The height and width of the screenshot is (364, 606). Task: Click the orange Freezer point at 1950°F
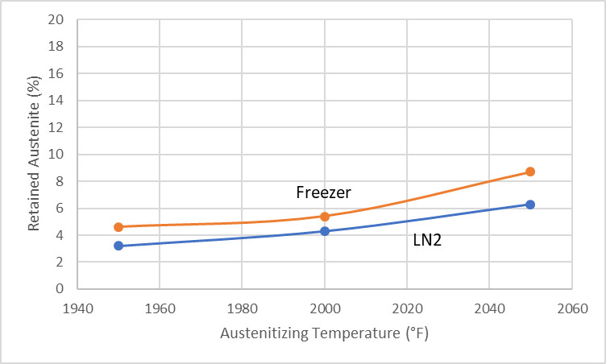click(118, 227)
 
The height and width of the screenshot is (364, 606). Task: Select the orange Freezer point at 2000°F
click(325, 216)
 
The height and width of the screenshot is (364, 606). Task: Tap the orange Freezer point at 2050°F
click(530, 172)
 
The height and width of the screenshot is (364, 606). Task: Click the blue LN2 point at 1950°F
click(118, 246)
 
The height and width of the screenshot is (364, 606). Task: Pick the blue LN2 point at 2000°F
click(325, 231)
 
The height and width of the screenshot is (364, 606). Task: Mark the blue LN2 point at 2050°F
click(530, 205)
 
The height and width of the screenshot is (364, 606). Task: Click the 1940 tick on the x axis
click(77, 306)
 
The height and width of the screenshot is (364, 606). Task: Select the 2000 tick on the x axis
click(325, 306)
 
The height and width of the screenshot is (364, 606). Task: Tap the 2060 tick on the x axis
click(571, 306)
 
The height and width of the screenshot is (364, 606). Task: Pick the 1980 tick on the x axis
click(242, 306)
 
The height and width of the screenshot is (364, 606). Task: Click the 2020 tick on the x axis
click(407, 306)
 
